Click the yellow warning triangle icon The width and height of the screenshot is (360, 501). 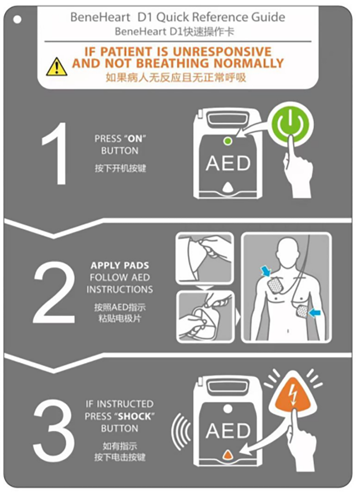[x=57, y=67]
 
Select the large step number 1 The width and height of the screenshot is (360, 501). [x=56, y=154]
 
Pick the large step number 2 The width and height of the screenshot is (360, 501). [x=54, y=292]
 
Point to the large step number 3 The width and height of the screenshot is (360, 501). [x=53, y=431]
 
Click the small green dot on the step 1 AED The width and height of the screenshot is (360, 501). [x=227, y=141]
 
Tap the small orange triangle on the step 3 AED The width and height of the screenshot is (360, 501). [x=227, y=454]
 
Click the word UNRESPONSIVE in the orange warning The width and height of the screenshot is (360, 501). [x=222, y=52]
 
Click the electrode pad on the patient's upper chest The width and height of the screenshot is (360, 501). [x=275, y=285]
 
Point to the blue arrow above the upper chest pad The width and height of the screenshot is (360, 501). [x=265, y=271]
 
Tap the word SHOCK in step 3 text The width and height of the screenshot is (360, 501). [x=134, y=416]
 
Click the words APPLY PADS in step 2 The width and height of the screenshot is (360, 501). [x=120, y=265]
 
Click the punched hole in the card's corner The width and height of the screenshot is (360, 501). [x=17, y=20]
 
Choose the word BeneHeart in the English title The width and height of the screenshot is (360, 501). [x=100, y=17]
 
